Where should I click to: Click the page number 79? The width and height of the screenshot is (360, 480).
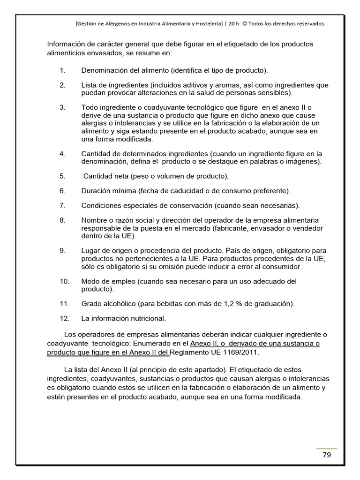coord(327,455)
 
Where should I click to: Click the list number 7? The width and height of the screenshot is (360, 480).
coord(62,205)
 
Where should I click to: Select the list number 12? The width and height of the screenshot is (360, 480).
coord(64,318)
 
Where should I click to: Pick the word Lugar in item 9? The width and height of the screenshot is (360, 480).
coord(90,250)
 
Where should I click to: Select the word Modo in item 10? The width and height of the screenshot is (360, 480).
coord(90,281)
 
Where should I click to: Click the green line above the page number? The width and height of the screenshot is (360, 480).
coord(327,449)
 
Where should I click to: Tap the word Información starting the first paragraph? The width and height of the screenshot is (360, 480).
coord(67,44)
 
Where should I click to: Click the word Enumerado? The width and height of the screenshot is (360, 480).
coord(149,344)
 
